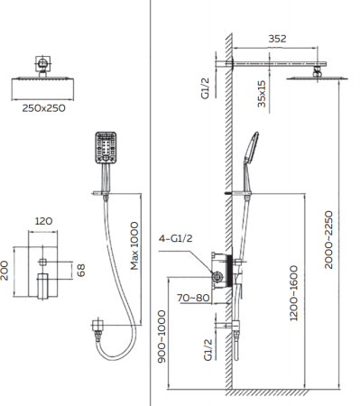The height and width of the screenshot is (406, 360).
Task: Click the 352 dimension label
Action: point(277,39)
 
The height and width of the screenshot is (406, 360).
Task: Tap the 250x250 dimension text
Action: point(43,108)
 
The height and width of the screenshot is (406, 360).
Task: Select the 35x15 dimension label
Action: point(262,94)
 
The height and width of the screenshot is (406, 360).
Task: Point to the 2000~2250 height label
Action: point(329,240)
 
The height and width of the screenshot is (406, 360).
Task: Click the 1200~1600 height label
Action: point(293,293)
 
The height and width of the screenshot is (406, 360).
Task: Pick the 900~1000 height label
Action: point(162,337)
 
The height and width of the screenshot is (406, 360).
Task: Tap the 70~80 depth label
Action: point(193,298)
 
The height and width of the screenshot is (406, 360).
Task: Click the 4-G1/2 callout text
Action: point(176,238)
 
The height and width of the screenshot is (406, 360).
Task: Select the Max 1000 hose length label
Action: point(134,245)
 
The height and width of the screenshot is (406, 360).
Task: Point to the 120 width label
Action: point(43,221)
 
